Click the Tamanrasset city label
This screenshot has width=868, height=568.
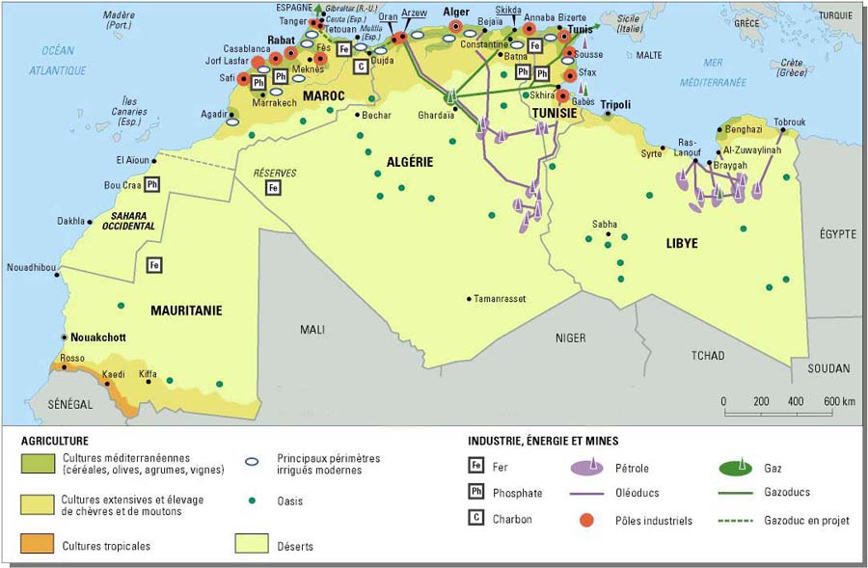point(500,299)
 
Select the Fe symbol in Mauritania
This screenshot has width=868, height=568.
point(153,264)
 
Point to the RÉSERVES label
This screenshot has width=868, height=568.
point(274,173)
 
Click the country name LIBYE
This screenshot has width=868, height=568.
point(681,244)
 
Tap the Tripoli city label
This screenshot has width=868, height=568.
point(615,104)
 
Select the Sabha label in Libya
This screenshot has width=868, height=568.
point(605,225)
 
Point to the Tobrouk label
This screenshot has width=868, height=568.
point(788,122)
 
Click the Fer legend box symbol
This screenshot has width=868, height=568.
point(476,468)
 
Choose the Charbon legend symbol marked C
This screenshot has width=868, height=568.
point(476,519)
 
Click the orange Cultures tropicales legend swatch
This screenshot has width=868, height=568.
point(37,545)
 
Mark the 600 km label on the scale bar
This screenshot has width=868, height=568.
point(838,401)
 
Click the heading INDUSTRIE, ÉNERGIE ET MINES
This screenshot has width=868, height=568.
point(543,441)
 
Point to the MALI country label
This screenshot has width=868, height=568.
point(312,329)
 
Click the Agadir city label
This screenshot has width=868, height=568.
point(214,112)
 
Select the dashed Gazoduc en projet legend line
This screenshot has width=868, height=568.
point(744,520)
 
